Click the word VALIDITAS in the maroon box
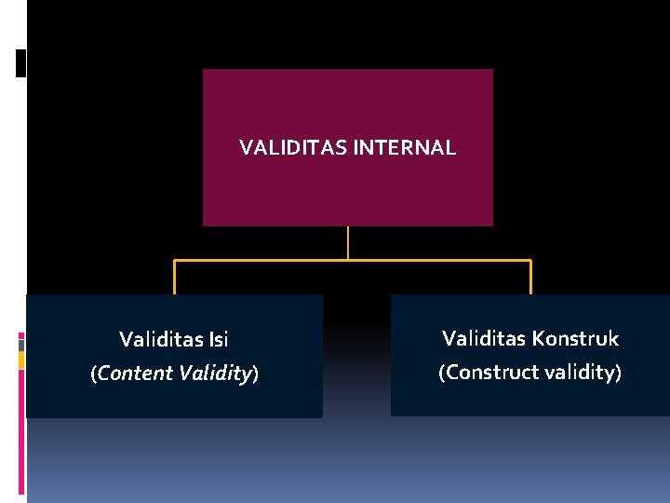pyautogui.click(x=293, y=147)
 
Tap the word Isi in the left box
pyautogui.click(x=217, y=339)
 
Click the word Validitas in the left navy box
pyautogui.click(x=159, y=339)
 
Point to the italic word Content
pyautogui.click(x=135, y=374)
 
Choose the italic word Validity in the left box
pyautogui.click(x=215, y=374)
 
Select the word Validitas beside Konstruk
pyautogui.click(x=482, y=338)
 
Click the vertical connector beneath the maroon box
pyautogui.click(x=347, y=242)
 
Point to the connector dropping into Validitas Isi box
pyautogui.click(x=174, y=278)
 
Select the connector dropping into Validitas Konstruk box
pyautogui.click(x=530, y=278)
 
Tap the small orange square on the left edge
pyautogui.click(x=21, y=359)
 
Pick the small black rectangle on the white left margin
pyautogui.click(x=20, y=62)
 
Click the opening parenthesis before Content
pyautogui.click(x=93, y=374)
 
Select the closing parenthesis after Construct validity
pyautogui.click(x=618, y=373)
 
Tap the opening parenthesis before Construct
pyautogui.click(x=443, y=373)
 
